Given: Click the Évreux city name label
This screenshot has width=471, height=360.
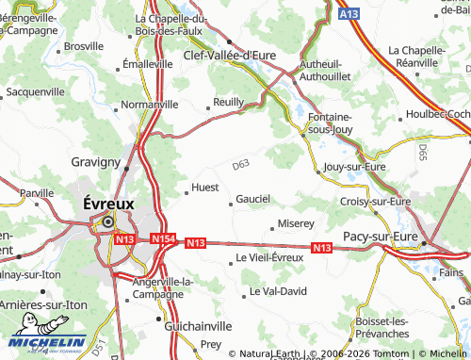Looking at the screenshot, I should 108,203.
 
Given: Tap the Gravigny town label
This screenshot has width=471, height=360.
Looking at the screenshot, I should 96,162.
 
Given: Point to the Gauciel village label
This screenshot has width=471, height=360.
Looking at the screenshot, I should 253,199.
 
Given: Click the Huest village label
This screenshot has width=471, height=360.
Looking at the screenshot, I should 205,188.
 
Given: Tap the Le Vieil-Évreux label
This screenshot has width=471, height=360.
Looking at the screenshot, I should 269,257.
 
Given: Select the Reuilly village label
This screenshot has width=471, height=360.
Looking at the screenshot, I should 229,102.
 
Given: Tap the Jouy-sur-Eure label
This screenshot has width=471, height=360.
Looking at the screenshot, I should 354,167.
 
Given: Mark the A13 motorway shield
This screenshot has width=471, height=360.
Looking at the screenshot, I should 347,13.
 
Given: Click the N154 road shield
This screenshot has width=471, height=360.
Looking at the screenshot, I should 162,239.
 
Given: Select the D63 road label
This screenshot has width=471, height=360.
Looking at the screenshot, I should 241,165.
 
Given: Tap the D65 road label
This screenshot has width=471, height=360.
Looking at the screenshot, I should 422,151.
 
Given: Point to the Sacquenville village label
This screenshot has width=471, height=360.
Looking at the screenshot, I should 35,92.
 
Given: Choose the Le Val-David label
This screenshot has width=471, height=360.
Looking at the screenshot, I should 278,292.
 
